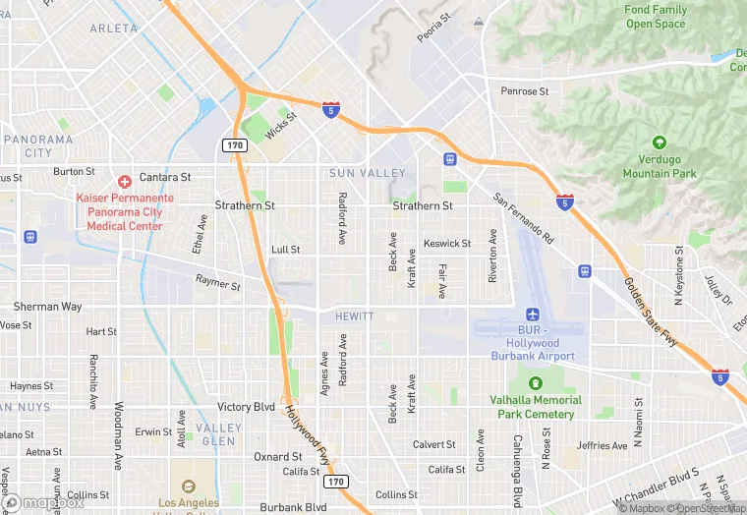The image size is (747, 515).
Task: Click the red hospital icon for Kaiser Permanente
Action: tap(125, 181)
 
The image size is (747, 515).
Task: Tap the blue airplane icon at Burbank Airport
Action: tap(533, 315)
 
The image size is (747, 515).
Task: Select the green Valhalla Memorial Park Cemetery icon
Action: tap(536, 383)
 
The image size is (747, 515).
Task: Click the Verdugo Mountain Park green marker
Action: tap(659, 143)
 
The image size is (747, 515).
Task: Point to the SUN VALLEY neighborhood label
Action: tap(367, 173)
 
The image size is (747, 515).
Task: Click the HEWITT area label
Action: tap(354, 316)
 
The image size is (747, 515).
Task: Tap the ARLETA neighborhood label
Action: tap(114, 29)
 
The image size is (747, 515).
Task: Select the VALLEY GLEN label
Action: tap(218, 434)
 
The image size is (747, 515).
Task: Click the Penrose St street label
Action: tap(525, 91)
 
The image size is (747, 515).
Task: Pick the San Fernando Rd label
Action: tap(523, 218)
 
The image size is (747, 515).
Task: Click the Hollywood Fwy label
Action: tap(308, 433)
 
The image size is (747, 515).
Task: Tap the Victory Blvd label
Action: tap(246, 407)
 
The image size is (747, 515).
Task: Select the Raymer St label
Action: tap(217, 284)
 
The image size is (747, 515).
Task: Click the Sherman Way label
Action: tap(47, 307)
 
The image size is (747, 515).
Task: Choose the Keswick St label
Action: tap(447, 244)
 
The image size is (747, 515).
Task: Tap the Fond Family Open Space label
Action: tap(656, 17)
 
